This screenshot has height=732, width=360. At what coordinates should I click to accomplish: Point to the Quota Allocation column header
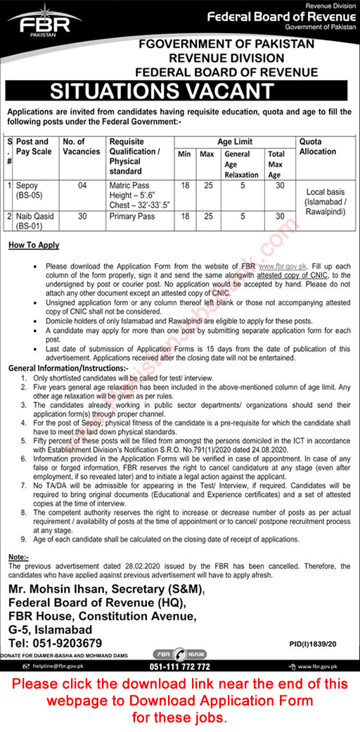[318, 146]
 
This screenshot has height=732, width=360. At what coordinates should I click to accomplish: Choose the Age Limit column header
[236, 141]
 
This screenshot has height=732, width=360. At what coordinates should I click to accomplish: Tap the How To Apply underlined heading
[34, 245]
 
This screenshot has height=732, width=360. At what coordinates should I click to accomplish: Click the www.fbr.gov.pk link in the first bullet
[283, 267]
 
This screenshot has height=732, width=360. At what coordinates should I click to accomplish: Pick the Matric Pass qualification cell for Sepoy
[131, 186]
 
